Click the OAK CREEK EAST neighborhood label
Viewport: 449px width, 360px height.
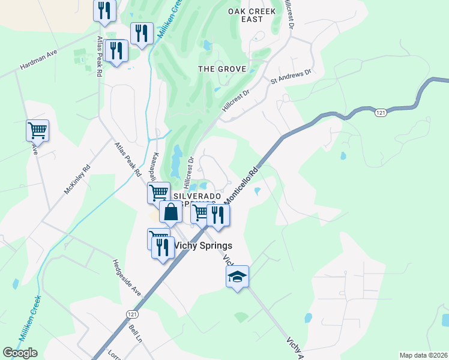point(252,15)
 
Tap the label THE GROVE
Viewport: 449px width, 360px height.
point(222,69)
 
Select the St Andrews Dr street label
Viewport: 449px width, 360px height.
point(291,76)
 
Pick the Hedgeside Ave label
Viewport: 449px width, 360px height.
point(126,278)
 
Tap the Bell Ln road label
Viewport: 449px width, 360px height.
point(134,334)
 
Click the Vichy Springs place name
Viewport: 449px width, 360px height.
point(203,246)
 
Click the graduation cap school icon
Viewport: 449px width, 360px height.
point(237,277)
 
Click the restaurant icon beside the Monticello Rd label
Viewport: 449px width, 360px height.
point(218,215)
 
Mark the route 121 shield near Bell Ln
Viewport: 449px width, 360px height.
point(132,314)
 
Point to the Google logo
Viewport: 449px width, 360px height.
point(20,353)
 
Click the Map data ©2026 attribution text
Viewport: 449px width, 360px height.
point(424,355)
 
